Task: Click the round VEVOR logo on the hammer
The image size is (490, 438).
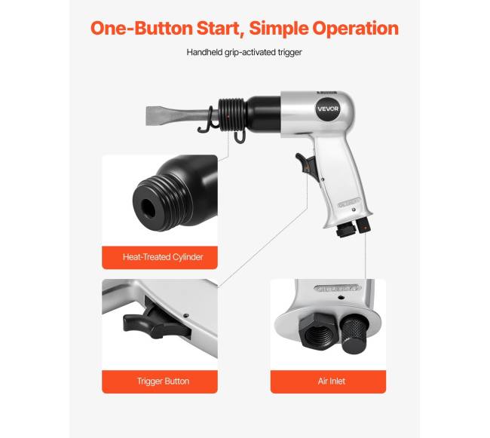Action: [328, 109]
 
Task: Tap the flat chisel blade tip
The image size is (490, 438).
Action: [146, 116]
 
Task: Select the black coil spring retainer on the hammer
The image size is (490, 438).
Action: [232, 115]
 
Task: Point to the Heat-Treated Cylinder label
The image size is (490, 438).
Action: [163, 257]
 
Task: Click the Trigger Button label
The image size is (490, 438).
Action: [163, 381]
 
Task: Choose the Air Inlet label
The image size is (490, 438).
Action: [332, 381]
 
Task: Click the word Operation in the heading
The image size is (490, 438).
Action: [356, 28]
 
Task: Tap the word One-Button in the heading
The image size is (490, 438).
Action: [141, 28]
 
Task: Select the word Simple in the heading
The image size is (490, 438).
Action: [278, 29]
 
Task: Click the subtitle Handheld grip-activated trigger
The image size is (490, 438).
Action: [244, 52]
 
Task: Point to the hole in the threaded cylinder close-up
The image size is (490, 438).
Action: [148, 208]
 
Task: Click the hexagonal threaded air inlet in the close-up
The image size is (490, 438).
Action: [318, 332]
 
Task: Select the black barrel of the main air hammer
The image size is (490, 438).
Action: [263, 114]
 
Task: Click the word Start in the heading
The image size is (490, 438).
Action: [219, 28]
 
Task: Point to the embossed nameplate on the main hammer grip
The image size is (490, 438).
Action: [349, 203]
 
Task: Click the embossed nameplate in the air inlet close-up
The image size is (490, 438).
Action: [338, 288]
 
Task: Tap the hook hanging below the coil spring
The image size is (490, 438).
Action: [240, 136]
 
